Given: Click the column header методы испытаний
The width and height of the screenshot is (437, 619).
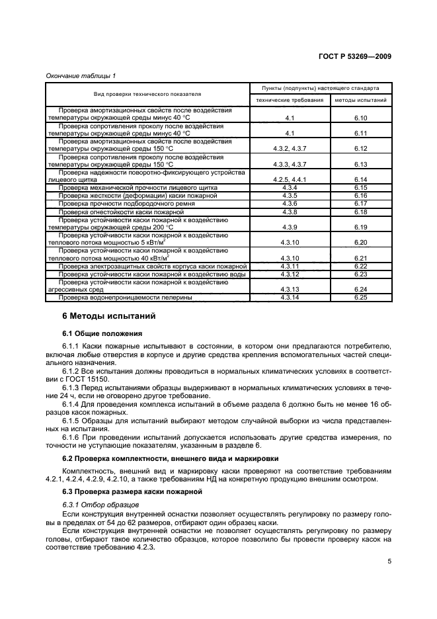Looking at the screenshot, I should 360,100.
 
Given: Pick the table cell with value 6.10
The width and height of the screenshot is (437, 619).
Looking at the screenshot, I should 360,117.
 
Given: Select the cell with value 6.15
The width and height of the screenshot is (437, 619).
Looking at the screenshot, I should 360,188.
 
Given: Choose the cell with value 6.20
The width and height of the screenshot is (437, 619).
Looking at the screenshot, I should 360,243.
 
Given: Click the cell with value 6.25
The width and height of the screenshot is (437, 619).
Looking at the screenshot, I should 360,297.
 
